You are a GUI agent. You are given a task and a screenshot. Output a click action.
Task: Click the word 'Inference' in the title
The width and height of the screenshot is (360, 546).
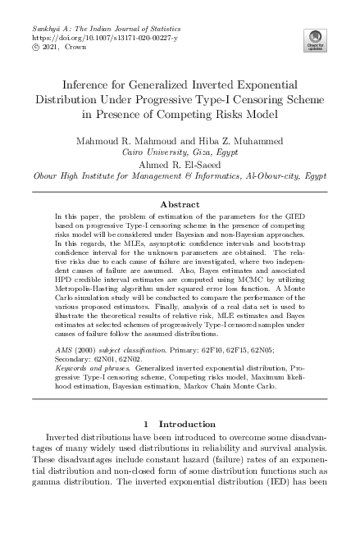pos(90,84)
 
